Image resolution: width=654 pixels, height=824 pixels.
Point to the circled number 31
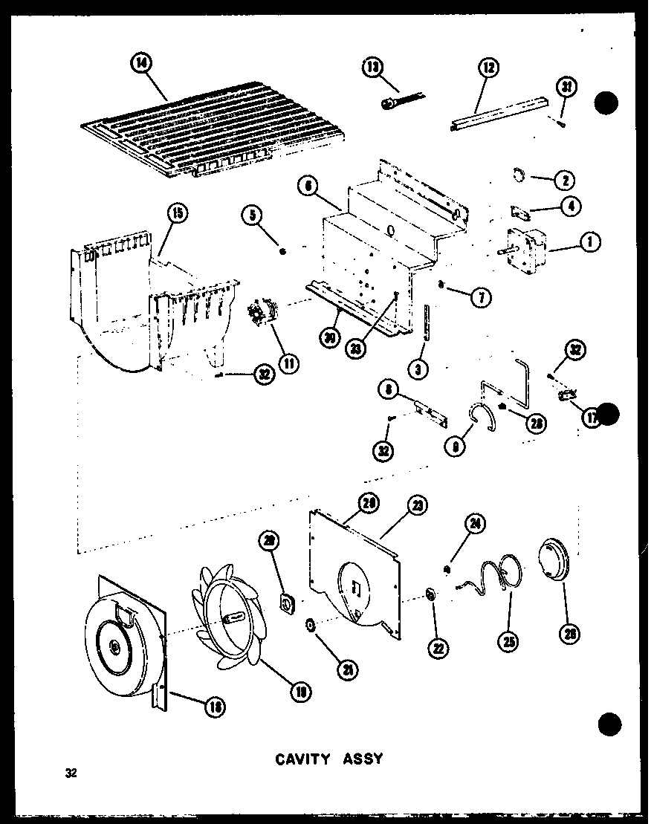[569, 87]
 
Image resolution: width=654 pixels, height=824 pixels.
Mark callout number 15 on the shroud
[176, 214]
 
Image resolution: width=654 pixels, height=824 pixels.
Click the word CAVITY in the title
[302, 759]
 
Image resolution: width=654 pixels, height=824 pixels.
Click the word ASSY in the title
[362, 759]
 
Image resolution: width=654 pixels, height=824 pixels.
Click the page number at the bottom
[71, 773]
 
